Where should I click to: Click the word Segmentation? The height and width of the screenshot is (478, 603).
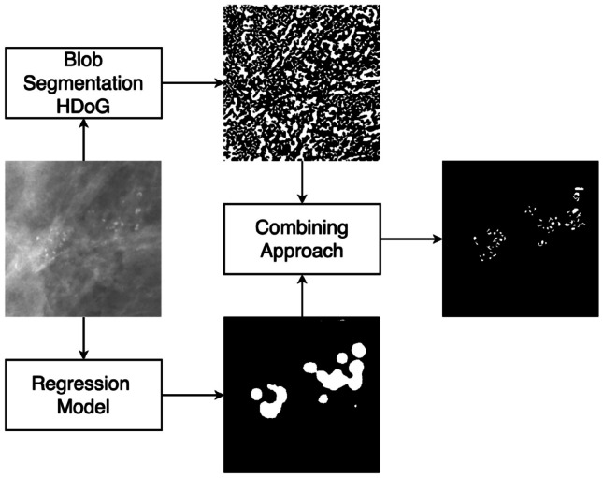tap(83, 82)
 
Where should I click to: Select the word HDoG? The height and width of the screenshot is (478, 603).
tap(83, 103)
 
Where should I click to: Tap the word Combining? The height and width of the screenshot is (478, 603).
tap(301, 229)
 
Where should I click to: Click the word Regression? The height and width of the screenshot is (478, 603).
tap(83, 385)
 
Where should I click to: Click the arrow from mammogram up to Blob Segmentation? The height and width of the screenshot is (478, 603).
tap(83, 139)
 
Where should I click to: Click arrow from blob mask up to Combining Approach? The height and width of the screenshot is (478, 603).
tap(302, 295)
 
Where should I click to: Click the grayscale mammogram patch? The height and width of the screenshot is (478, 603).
tap(83, 239)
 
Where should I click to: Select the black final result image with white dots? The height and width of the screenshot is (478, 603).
tap(519, 239)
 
